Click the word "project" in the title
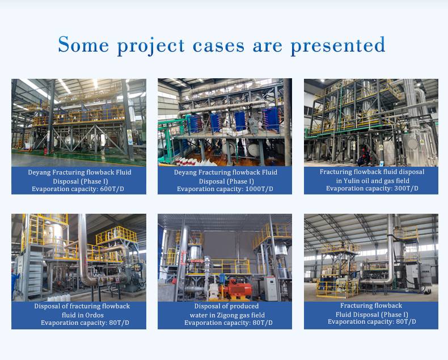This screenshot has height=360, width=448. [x=151, y=46]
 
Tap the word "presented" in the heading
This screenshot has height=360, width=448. [x=338, y=45]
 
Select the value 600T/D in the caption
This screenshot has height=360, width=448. [x=112, y=189]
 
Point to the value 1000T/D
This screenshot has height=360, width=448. [x=259, y=189]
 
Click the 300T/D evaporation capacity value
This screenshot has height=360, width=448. [x=406, y=189]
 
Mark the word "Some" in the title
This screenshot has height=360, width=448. [x=83, y=45]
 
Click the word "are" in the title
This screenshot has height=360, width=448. [x=268, y=46]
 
